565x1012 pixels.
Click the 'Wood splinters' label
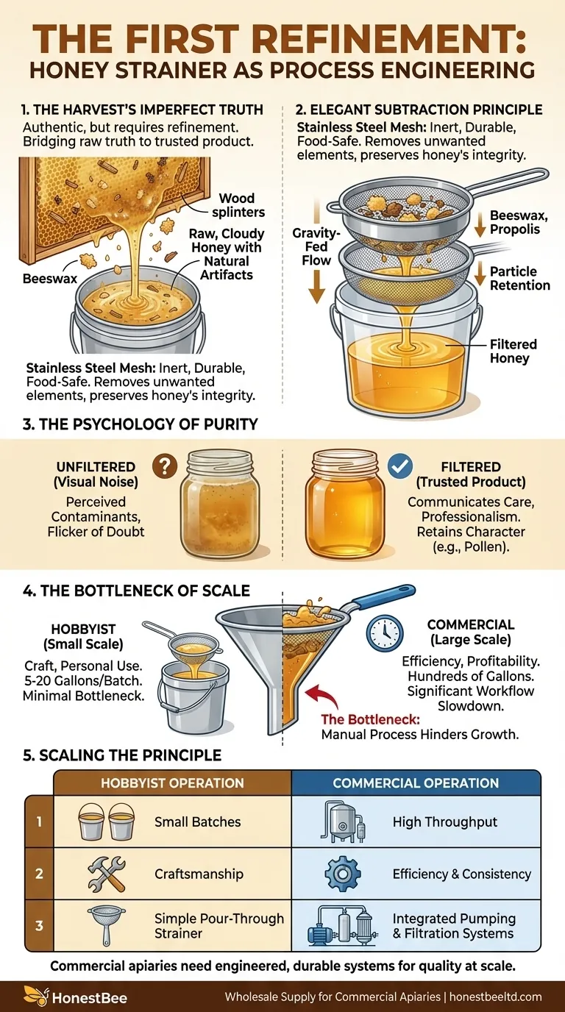coord(236,206)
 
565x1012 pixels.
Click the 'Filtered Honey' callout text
coord(514,351)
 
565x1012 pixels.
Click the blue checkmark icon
coord(400,466)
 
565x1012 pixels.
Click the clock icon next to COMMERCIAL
coord(382,631)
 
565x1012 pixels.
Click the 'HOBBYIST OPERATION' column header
coord(172,783)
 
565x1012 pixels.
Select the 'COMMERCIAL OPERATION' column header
coord(416,783)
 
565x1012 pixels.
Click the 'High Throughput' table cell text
coord(444,822)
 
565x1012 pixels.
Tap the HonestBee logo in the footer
coord(76,997)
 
